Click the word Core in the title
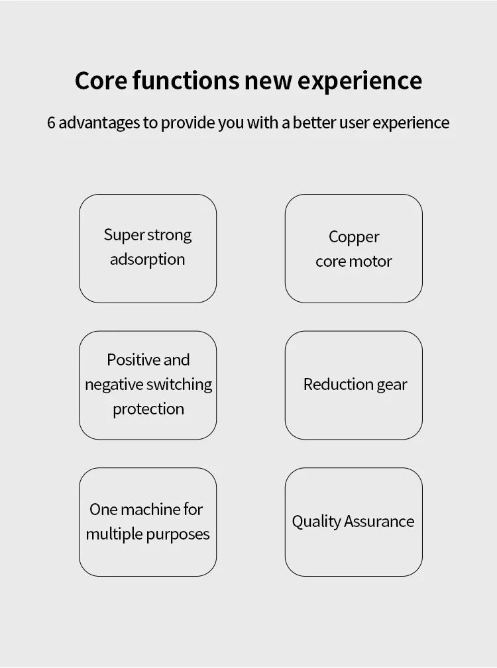[x=101, y=80]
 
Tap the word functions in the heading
[x=186, y=80]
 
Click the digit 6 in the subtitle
[x=51, y=122]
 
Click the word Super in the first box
[x=124, y=236]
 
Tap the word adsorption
[x=148, y=260]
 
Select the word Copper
[x=354, y=238]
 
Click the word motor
[x=371, y=262]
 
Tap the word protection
[x=148, y=409]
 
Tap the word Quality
[x=317, y=522]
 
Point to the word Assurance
[x=379, y=522]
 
